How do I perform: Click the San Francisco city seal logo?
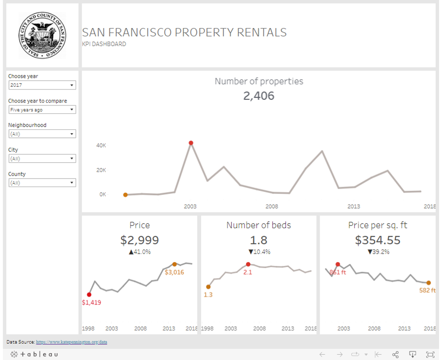click(42, 36)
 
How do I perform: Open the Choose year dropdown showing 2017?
click(42, 85)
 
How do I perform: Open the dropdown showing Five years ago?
click(42, 110)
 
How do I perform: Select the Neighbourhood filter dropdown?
click(42, 134)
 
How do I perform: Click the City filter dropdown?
click(42, 158)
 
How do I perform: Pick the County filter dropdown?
click(42, 183)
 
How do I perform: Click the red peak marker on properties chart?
click(191, 143)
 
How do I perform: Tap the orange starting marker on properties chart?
click(125, 195)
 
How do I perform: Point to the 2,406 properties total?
click(259, 96)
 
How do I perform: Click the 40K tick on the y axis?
click(101, 146)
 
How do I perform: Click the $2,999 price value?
click(139, 240)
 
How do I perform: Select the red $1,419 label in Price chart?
click(91, 302)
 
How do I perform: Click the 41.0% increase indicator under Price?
click(139, 252)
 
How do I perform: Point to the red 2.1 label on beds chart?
click(248, 272)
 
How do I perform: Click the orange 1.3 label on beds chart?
click(208, 295)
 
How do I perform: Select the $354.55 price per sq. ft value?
click(378, 240)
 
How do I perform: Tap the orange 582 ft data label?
click(427, 291)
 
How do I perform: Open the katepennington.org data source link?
click(71, 342)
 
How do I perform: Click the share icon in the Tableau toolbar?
click(395, 354)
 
